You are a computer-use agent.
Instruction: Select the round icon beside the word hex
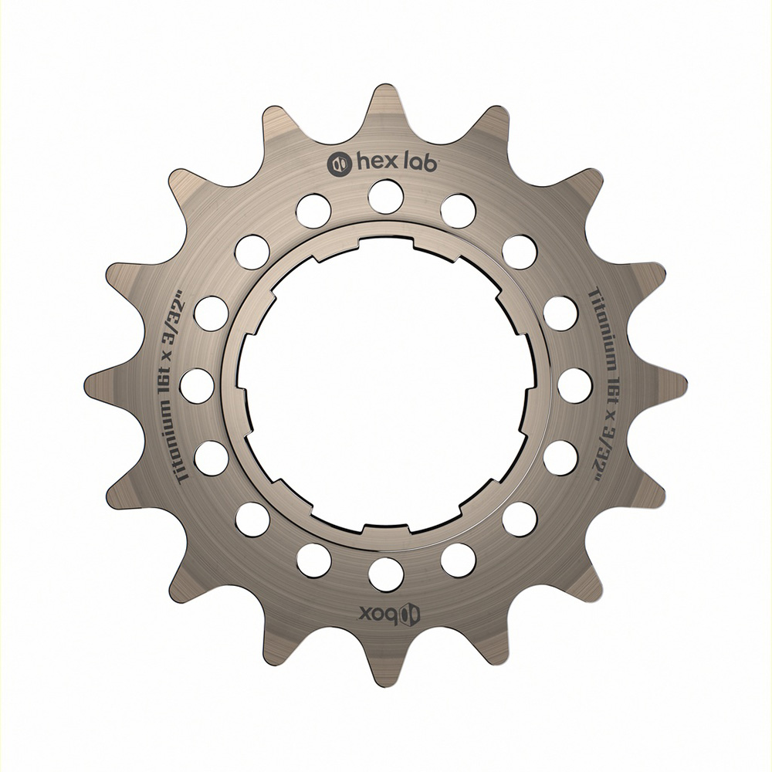tap(339, 163)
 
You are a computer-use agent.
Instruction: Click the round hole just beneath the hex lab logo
tap(386, 196)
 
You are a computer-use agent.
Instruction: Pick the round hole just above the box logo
tap(386, 575)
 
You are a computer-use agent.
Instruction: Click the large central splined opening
tap(386, 386)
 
